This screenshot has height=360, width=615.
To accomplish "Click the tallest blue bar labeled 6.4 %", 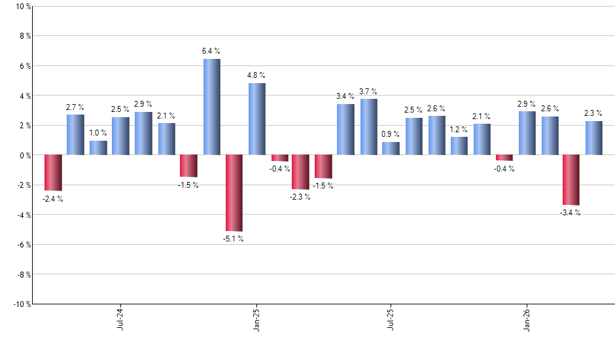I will pos(211,107).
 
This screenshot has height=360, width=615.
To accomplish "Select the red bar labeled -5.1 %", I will pos(234,193).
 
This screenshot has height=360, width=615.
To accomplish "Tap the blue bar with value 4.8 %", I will pos(257,119).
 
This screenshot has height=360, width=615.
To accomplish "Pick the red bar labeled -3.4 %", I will pos(571,180).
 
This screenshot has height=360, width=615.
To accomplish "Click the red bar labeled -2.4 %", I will pos(53,173).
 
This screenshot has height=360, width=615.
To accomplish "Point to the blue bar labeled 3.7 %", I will pos(369,127).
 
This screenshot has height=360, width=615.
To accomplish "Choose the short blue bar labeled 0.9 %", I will pos(391,149).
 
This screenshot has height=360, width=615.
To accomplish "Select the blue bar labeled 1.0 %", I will pos(98,148).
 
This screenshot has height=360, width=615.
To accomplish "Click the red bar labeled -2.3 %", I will pos(300,172).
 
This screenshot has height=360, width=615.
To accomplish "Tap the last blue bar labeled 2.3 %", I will pos(593,138).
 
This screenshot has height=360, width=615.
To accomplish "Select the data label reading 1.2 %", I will pos(459,130).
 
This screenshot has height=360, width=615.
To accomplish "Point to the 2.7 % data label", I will pos(75,107).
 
